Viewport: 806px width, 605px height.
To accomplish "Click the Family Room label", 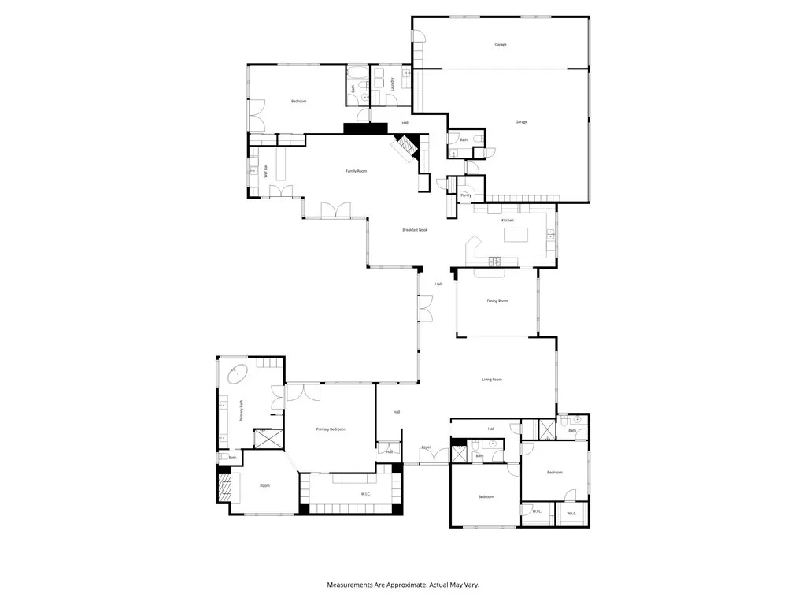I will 357,171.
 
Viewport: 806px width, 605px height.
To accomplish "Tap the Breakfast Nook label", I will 415,229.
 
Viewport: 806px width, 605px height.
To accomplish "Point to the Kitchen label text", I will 508,220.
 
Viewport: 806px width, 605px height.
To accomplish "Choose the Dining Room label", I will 497,301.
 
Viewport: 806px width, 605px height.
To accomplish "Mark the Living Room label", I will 492,380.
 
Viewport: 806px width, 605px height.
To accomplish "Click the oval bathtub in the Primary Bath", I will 238,374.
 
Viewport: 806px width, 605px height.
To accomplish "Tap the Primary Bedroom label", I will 331,429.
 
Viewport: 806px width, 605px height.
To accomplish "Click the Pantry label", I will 466,195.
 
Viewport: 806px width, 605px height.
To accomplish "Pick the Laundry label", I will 392,83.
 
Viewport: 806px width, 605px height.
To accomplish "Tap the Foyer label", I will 426,447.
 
